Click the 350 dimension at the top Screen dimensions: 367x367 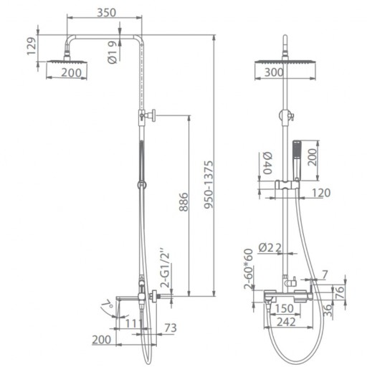[106, 13]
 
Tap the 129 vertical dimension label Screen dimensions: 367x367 [32, 47]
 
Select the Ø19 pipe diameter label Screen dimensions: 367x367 [113, 52]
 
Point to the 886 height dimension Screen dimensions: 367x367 [183, 202]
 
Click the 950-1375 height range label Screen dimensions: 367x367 [209, 185]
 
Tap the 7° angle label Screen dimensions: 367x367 [108, 305]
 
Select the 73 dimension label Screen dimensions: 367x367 [171, 328]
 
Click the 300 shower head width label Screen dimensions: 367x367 [274, 72]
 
